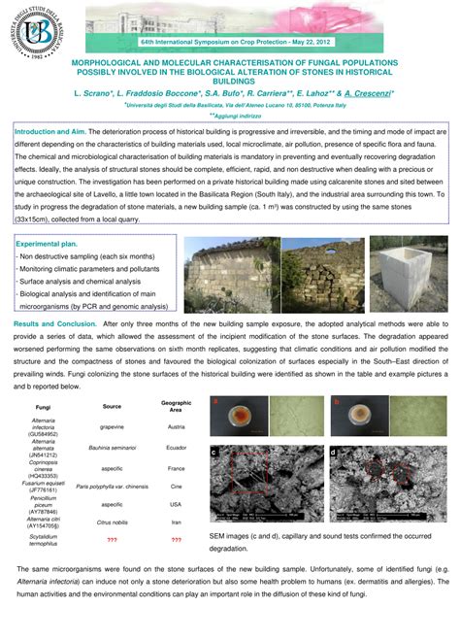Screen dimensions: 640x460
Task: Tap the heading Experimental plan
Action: (47, 246)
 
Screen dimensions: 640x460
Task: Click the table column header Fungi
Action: (43, 407)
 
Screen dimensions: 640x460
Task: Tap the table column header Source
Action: (112, 406)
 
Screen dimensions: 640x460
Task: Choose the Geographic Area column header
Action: (177, 406)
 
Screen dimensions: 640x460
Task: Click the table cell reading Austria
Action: (177, 426)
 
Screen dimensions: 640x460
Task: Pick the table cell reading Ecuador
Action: (177, 448)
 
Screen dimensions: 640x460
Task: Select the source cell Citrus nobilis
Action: (112, 521)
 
